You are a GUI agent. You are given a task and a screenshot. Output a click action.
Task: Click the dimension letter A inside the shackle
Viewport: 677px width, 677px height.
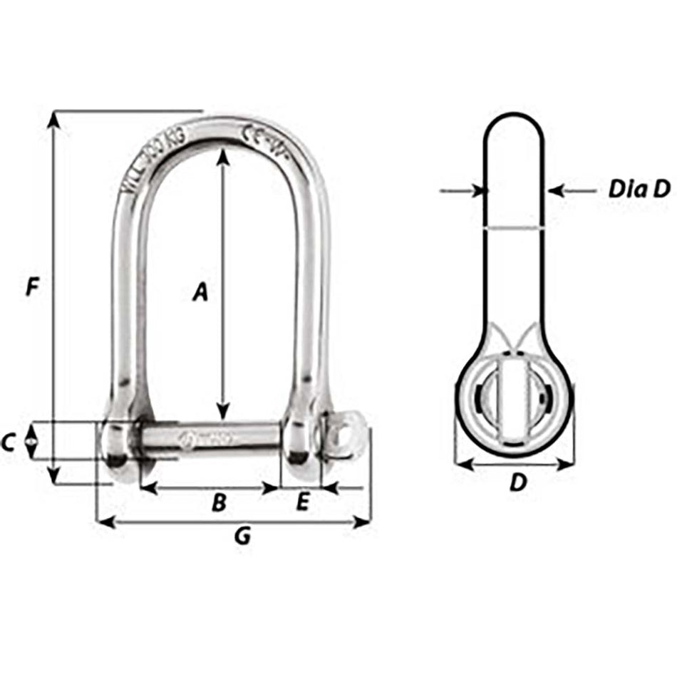pyautogui.click(x=201, y=291)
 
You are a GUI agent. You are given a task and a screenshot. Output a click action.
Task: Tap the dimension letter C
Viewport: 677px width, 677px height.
pyautogui.click(x=8, y=443)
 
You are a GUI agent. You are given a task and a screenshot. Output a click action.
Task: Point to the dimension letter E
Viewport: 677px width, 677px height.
pyautogui.click(x=301, y=502)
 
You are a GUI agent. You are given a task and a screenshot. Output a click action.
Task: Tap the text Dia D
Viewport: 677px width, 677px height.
pyautogui.click(x=639, y=189)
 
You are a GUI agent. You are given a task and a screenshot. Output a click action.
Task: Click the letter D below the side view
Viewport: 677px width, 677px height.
pyautogui.click(x=518, y=482)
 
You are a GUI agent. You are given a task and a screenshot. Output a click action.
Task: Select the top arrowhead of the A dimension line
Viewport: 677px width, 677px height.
pyautogui.click(x=224, y=155)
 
